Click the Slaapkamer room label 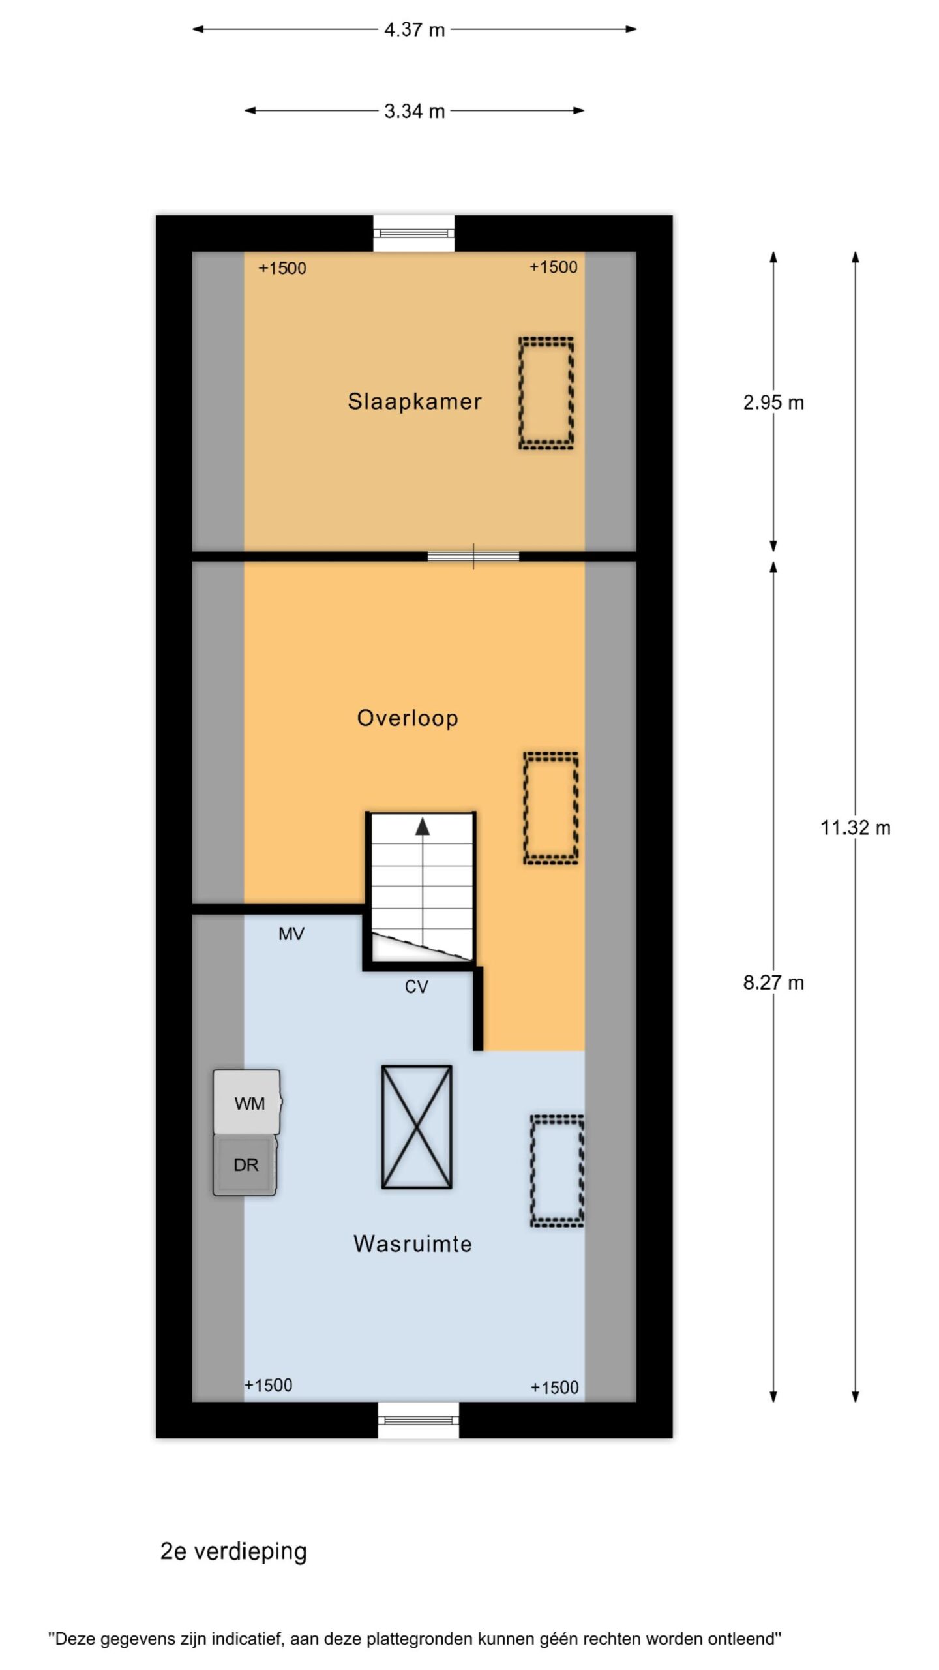[414, 401]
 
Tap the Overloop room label [408, 718]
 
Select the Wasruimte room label [413, 1243]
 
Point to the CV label [416, 987]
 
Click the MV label [291, 934]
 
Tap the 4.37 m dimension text [414, 29]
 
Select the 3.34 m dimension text [414, 111]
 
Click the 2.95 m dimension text [773, 402]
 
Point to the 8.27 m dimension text [773, 982]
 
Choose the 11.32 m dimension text [856, 828]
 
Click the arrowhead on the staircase [423, 826]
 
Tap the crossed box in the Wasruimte [417, 1127]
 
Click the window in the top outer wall [414, 233]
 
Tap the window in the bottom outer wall [418, 1420]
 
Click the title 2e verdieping [233, 1551]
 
